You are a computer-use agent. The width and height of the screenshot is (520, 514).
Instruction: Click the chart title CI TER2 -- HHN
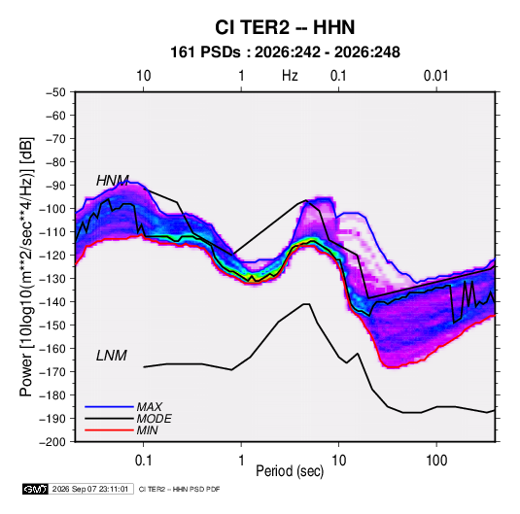(x=285, y=27)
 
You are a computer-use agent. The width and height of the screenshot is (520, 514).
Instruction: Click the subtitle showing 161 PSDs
(x=285, y=52)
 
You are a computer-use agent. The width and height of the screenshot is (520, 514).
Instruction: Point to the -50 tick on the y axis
(x=55, y=92)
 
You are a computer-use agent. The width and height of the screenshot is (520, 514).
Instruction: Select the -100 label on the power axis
(x=53, y=209)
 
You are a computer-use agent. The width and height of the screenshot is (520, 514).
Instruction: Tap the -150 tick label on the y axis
(x=53, y=326)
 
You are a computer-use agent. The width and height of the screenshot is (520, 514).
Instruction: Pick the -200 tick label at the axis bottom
(x=53, y=442)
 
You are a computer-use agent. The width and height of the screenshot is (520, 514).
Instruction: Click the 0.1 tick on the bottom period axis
(x=143, y=461)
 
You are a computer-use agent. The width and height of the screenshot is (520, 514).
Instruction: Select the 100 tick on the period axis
(x=436, y=461)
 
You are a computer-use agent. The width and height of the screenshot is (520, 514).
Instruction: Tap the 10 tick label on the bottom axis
(x=338, y=461)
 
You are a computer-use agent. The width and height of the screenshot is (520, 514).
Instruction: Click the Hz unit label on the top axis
(x=290, y=76)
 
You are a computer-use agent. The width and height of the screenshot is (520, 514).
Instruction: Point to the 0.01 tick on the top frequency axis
(x=435, y=76)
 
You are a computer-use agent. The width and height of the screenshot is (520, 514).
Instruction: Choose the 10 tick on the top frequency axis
(x=144, y=76)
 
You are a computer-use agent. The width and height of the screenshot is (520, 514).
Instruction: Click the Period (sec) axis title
(x=290, y=471)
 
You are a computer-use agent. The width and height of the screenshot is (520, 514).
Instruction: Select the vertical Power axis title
(x=26, y=267)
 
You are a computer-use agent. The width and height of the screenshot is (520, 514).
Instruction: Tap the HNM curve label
(x=113, y=181)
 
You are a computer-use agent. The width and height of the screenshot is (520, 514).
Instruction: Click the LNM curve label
(x=112, y=356)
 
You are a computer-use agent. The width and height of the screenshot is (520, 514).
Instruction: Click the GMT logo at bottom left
(x=35, y=489)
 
